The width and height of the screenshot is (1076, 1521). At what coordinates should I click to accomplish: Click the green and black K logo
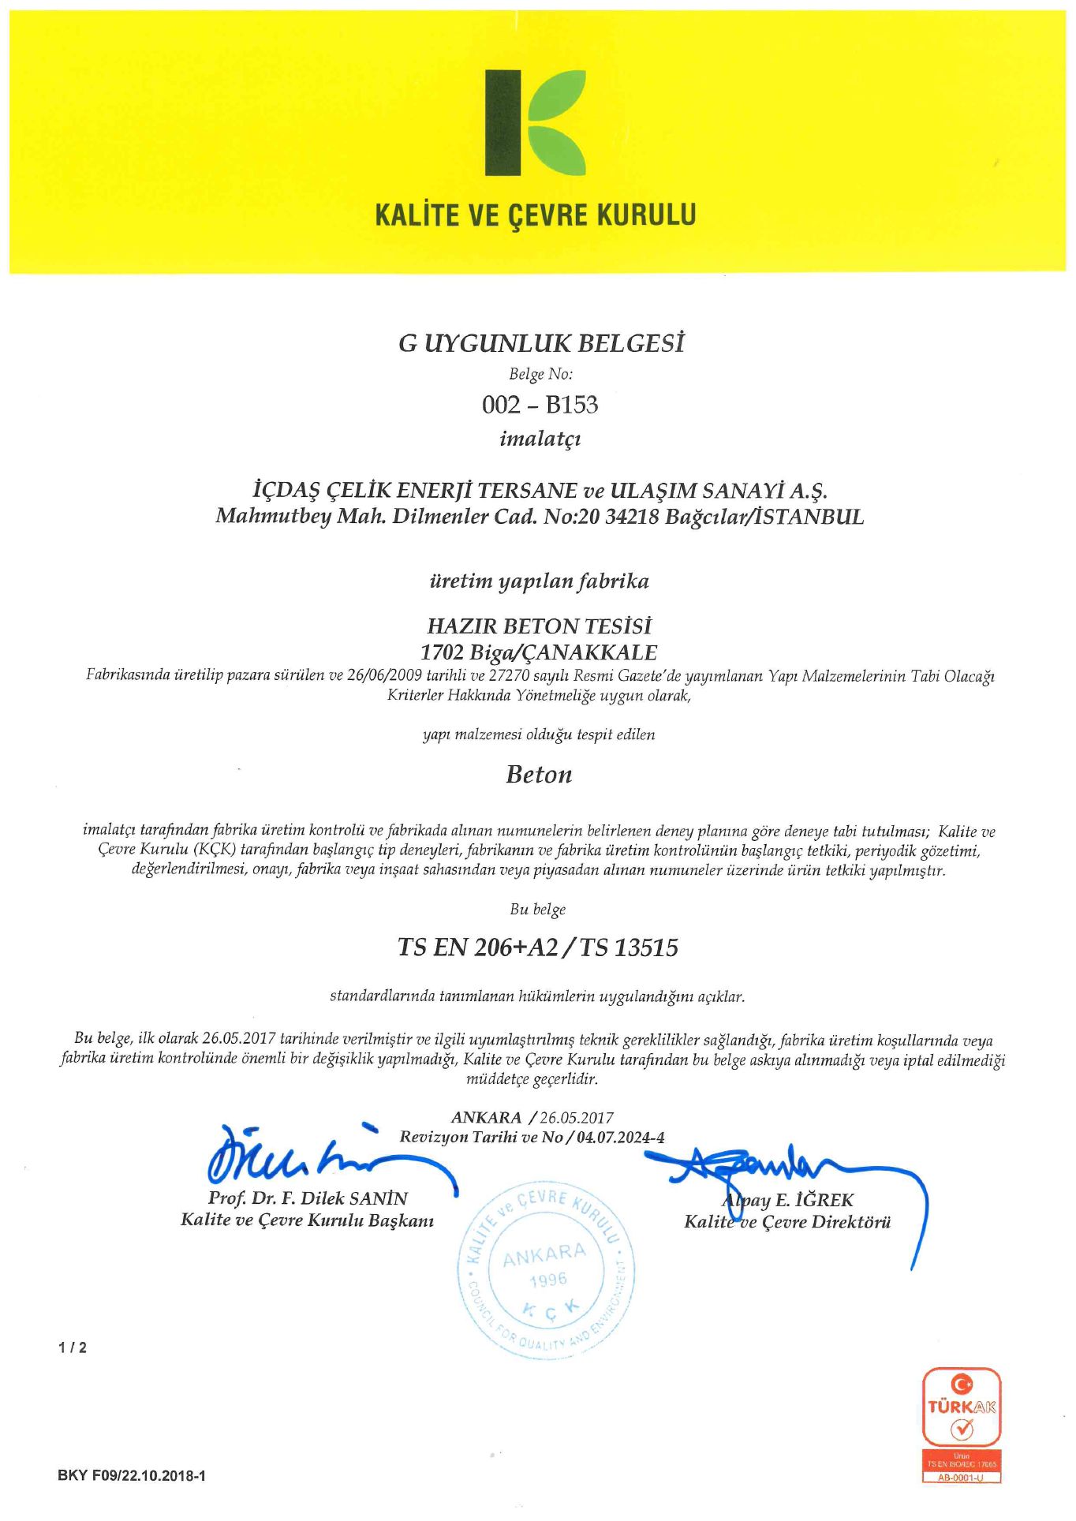(534, 123)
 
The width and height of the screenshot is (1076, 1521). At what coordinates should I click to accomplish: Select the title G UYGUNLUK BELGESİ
(540, 344)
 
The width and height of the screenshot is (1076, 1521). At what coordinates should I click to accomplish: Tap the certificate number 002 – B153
(540, 405)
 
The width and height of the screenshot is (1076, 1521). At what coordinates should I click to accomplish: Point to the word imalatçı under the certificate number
(540, 439)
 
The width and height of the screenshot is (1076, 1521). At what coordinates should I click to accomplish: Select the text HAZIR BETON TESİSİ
(540, 626)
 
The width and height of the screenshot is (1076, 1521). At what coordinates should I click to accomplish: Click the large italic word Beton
(539, 775)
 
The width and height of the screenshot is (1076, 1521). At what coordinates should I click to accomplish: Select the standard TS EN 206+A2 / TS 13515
(538, 947)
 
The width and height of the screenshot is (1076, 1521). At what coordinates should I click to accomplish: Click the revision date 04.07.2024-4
(620, 1138)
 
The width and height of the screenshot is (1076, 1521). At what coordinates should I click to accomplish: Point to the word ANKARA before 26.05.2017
(486, 1118)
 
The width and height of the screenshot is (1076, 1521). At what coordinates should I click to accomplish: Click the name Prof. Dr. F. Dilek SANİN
(308, 1198)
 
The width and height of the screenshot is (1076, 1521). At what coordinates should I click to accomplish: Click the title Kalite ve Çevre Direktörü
(786, 1223)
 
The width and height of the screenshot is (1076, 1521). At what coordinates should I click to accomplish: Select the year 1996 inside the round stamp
(548, 1280)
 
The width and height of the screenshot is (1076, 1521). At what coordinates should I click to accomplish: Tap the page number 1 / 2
(73, 1348)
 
